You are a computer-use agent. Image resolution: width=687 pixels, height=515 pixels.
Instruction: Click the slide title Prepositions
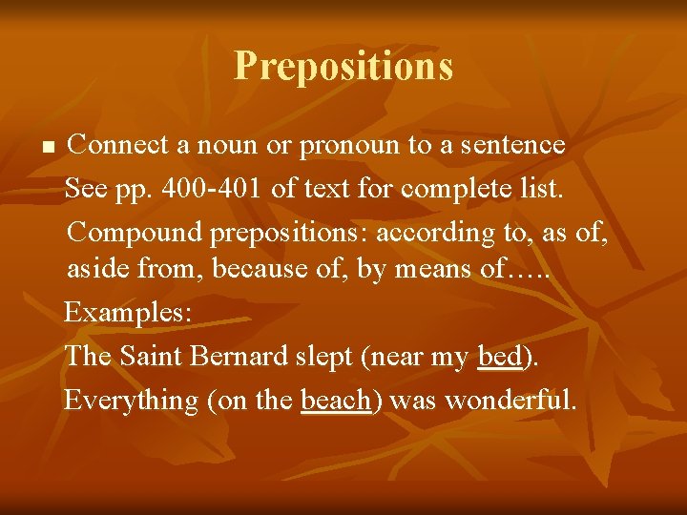(x=343, y=66)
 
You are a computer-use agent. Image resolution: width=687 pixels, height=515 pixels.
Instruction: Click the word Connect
(x=120, y=146)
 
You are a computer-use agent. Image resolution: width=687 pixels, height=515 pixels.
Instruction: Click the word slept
(x=325, y=357)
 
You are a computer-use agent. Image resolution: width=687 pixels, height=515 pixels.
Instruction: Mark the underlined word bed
(x=499, y=356)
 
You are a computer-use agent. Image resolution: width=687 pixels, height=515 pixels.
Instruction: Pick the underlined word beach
(x=335, y=400)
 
